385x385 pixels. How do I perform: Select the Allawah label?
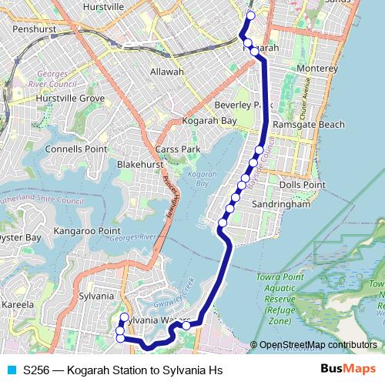[x=167, y=72]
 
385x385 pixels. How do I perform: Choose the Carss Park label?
[x=177, y=149]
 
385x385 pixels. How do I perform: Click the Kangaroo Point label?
[x=88, y=230]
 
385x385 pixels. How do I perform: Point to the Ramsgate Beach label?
[x=309, y=125]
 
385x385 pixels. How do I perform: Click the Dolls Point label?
[x=303, y=185]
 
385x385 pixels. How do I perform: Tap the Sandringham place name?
[x=282, y=206]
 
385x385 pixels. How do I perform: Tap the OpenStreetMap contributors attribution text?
[x=318, y=345]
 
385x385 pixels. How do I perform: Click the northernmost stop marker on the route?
[x=250, y=15]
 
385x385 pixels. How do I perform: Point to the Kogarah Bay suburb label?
[x=209, y=121]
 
